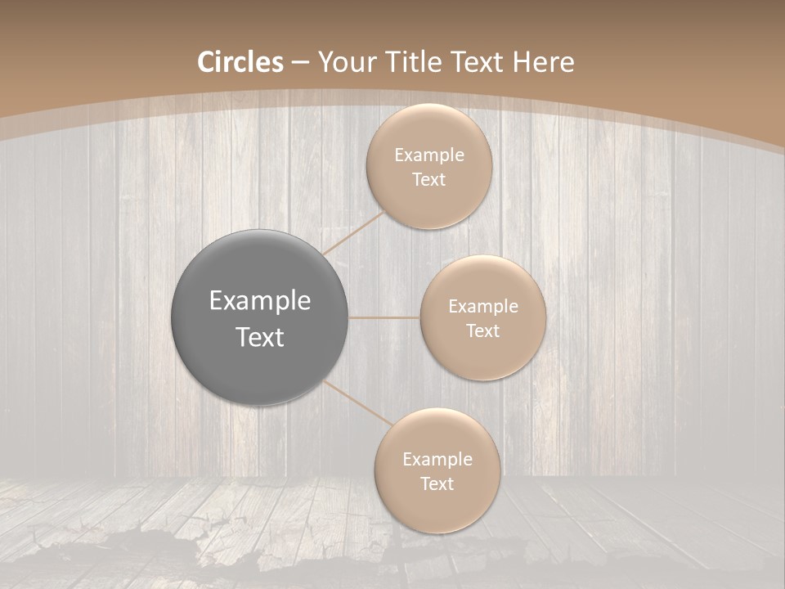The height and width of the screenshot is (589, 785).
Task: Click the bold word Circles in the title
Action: click(x=240, y=62)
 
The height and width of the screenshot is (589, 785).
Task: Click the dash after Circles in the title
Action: click(x=299, y=63)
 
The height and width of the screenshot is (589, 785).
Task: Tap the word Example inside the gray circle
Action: click(x=260, y=301)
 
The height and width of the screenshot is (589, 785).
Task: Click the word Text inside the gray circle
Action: click(x=260, y=337)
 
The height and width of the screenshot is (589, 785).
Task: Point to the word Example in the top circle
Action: click(x=428, y=155)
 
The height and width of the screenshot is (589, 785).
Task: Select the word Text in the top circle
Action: click(x=428, y=180)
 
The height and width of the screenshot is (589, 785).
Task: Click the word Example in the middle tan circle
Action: click(x=482, y=307)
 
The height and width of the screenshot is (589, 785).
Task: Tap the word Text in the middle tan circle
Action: click(x=482, y=331)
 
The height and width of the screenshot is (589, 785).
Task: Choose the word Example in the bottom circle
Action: click(x=437, y=460)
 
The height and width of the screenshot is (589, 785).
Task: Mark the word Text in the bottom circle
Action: click(x=437, y=484)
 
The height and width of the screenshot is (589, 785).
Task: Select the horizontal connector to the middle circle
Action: click(x=384, y=317)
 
